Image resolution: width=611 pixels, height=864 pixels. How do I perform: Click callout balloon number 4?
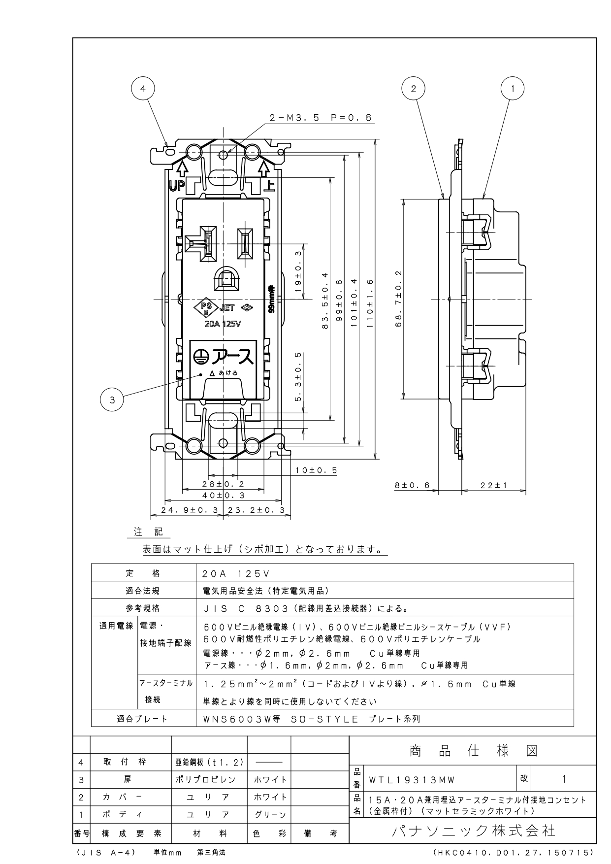pyautogui.click(x=143, y=89)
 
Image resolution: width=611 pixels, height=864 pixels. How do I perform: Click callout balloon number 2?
pyautogui.click(x=414, y=89)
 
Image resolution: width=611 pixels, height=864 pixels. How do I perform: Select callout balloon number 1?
pyautogui.click(x=513, y=89)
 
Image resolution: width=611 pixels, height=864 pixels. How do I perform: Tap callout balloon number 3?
pyautogui.click(x=112, y=400)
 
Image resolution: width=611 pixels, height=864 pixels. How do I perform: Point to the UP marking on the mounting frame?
pyautogui.click(x=176, y=186)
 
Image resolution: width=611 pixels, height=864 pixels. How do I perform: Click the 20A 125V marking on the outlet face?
pyautogui.click(x=223, y=324)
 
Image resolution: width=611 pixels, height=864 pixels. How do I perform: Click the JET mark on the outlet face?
pyautogui.click(x=227, y=308)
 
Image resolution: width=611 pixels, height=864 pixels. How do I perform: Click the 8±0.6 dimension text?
pyautogui.click(x=412, y=486)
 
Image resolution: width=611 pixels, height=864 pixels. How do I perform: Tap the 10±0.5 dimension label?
pyautogui.click(x=317, y=470)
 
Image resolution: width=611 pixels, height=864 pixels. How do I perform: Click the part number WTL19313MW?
pyautogui.click(x=413, y=780)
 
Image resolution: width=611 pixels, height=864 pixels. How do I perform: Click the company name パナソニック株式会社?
pyautogui.click(x=474, y=831)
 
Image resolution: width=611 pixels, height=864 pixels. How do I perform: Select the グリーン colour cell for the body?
pyautogui.click(x=269, y=815)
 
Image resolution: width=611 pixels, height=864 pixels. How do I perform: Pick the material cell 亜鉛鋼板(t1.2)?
pyautogui.click(x=209, y=762)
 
